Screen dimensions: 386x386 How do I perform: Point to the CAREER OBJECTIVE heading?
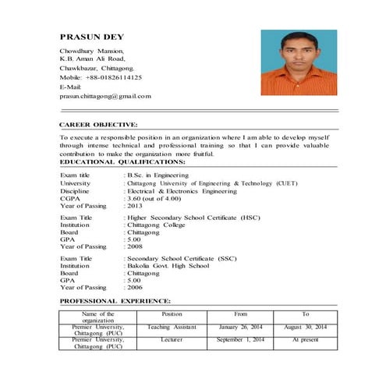tap(98, 124)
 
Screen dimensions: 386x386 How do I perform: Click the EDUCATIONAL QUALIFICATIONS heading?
tap(122, 161)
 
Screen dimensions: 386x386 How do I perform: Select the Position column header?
tap(172, 313)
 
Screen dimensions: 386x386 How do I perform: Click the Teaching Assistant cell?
tap(172, 327)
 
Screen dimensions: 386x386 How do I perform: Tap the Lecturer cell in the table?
tap(172, 340)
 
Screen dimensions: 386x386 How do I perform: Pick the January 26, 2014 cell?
tap(240, 327)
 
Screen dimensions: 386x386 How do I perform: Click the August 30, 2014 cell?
tap(306, 327)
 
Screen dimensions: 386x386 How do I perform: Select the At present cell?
tap(306, 340)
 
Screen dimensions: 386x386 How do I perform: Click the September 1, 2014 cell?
tap(240, 340)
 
